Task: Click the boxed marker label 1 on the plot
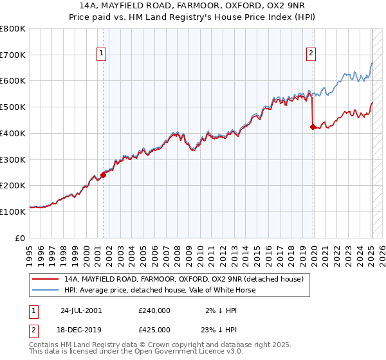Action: (102, 54)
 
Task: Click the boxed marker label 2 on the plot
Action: (311, 54)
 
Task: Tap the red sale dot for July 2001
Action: (103, 174)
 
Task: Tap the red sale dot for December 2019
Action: (313, 127)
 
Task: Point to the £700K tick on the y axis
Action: (13, 55)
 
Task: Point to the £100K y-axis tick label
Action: (13, 212)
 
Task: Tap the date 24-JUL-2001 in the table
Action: (80, 310)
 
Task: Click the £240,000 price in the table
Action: (154, 310)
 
